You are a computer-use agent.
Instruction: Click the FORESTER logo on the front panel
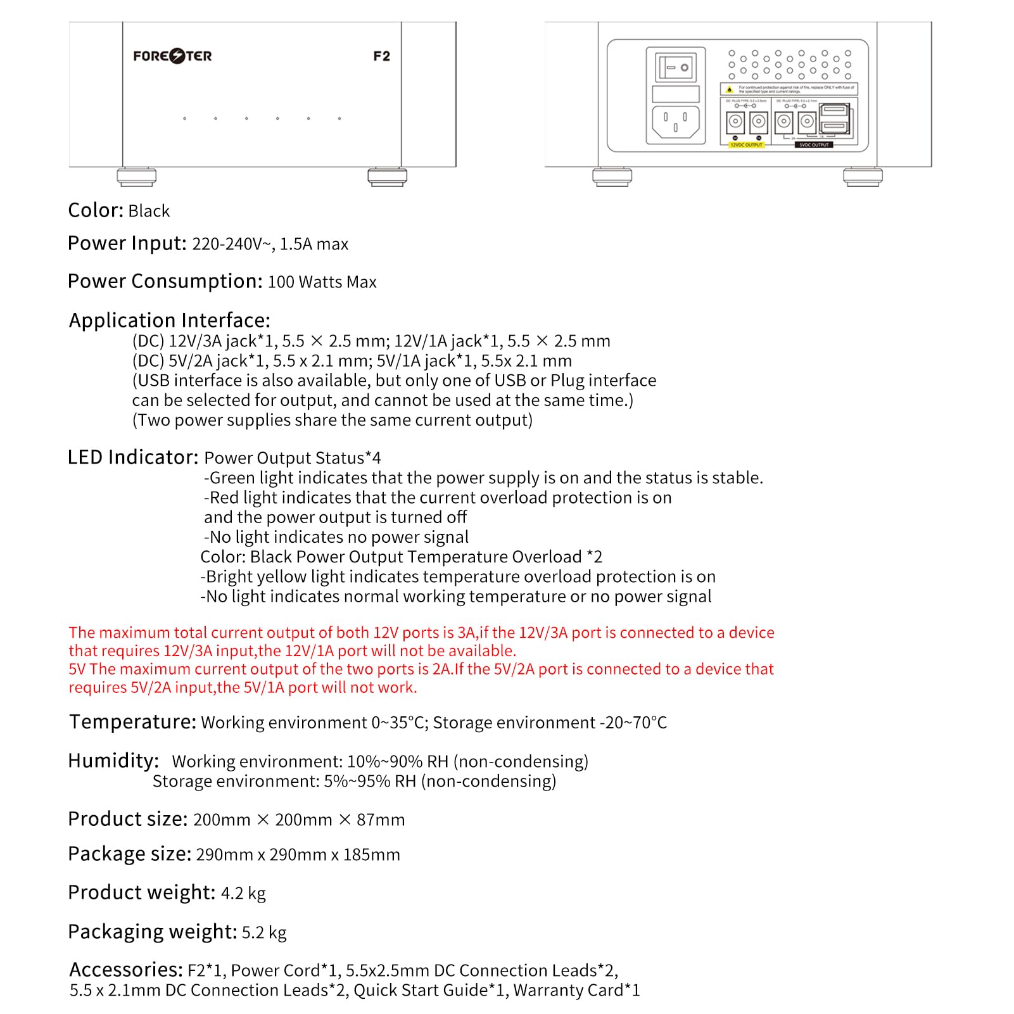tap(172, 56)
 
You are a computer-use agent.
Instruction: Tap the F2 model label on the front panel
tap(381, 56)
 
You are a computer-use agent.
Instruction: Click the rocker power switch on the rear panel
tap(676, 67)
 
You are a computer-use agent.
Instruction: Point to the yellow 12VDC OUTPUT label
tap(746, 145)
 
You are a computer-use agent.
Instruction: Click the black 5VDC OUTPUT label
tap(814, 145)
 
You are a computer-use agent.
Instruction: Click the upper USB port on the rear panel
tap(834, 111)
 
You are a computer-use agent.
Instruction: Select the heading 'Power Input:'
tap(127, 243)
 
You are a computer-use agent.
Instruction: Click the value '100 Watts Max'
tap(322, 282)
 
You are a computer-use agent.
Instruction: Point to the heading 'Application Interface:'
tap(169, 320)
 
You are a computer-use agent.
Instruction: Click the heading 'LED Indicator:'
tap(133, 457)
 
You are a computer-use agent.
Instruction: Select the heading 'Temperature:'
tap(132, 722)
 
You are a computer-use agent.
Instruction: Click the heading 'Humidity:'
tap(113, 761)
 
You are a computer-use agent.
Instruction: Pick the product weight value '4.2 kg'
tap(243, 893)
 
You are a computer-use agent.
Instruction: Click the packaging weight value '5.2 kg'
tap(264, 932)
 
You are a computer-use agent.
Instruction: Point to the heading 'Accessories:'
tap(126, 970)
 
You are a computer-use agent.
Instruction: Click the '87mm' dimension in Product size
tap(381, 820)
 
